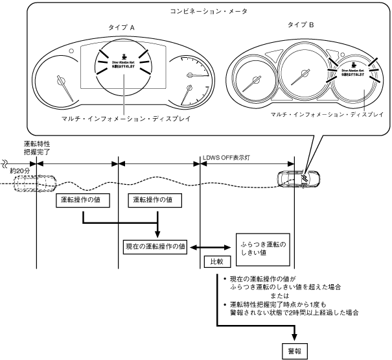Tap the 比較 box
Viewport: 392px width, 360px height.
pos(214,263)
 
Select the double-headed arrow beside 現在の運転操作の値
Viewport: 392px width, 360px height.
pos(209,246)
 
